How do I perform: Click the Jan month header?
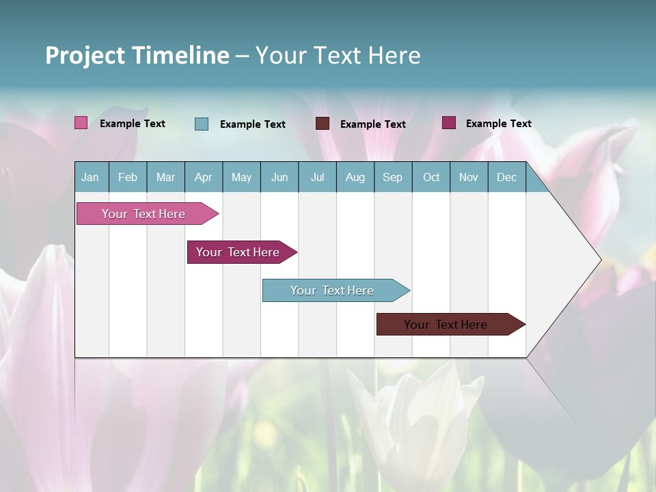click(x=90, y=177)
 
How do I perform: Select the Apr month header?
click(x=203, y=177)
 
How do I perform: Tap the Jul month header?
click(x=317, y=177)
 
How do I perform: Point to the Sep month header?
click(x=392, y=177)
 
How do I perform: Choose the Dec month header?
click(x=506, y=177)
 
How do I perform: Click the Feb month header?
click(x=128, y=177)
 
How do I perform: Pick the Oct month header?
click(x=431, y=177)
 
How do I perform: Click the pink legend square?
click(x=81, y=123)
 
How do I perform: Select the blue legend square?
click(x=202, y=124)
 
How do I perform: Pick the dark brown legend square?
click(x=323, y=124)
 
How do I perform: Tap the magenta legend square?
click(x=449, y=123)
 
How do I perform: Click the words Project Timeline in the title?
click(x=137, y=55)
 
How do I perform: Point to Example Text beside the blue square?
click(x=253, y=124)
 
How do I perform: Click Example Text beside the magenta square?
click(x=499, y=124)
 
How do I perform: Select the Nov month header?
click(x=469, y=177)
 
